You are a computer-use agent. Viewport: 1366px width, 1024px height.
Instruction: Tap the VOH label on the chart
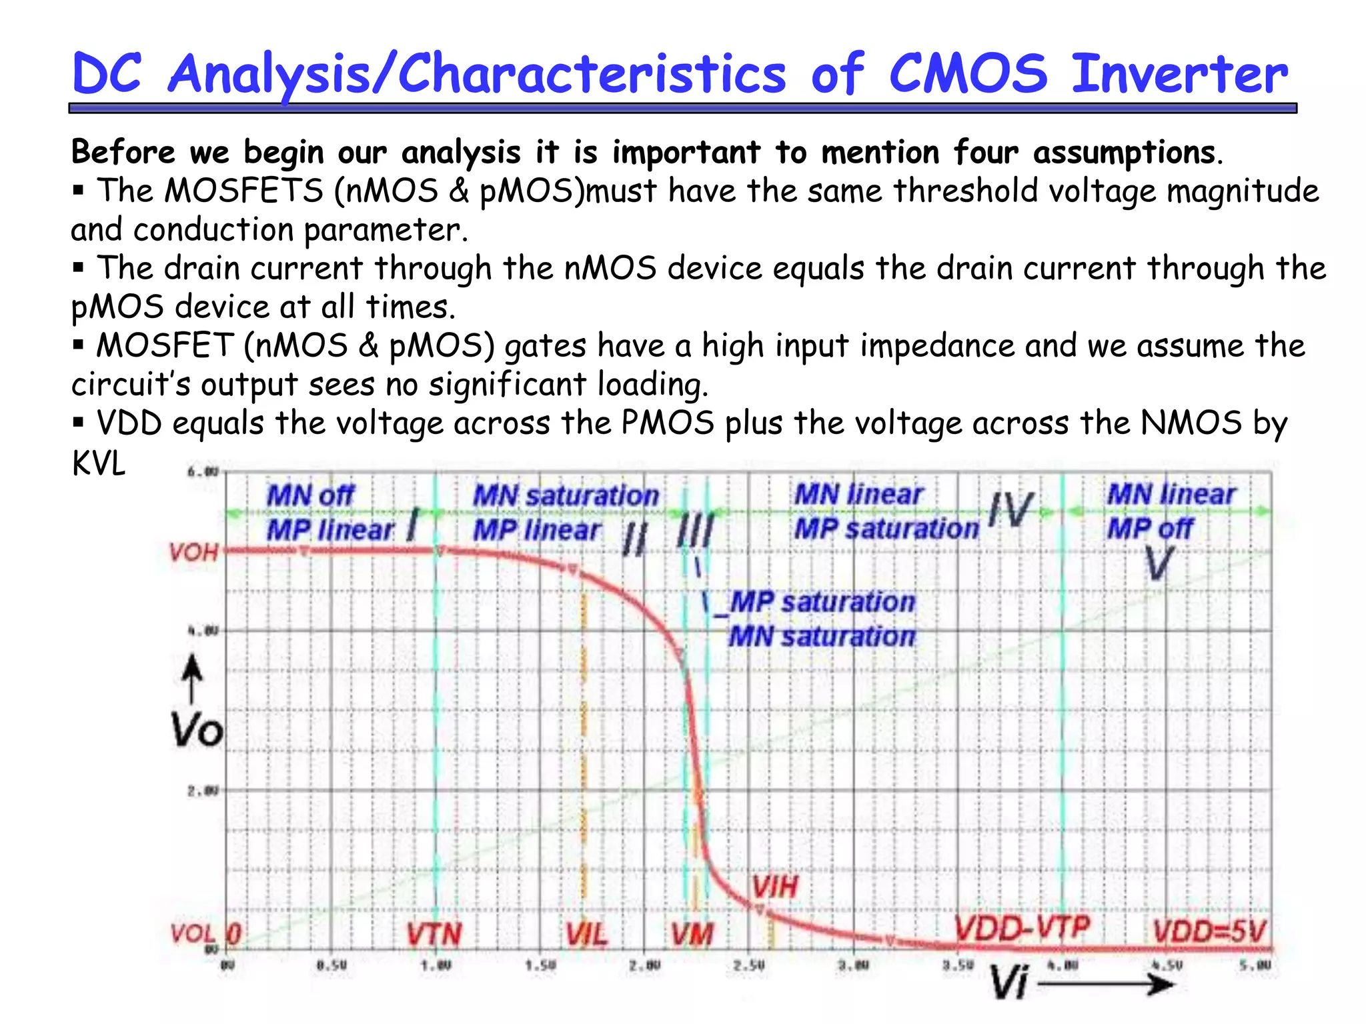[193, 553]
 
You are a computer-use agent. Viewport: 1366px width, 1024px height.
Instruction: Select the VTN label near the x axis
[434, 934]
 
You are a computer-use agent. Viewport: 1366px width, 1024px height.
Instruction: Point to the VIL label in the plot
[587, 934]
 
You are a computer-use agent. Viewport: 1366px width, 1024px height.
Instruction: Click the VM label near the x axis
[692, 934]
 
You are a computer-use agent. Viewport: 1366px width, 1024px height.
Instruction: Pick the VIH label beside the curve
[774, 887]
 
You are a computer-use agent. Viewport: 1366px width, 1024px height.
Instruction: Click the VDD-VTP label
[1022, 928]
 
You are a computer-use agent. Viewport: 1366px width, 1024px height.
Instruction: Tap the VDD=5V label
[1209, 931]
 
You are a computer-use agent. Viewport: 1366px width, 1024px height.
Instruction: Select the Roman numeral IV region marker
[1011, 510]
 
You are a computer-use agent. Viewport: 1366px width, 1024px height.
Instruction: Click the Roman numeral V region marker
[1159, 564]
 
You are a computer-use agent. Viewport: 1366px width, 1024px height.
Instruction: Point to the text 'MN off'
[310, 496]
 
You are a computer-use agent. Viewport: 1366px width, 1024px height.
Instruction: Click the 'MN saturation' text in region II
[566, 496]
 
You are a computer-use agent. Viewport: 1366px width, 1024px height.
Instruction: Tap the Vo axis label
[196, 730]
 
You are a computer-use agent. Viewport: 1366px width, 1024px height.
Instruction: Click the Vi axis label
[1008, 982]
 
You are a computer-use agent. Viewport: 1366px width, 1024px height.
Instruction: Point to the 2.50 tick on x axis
[748, 965]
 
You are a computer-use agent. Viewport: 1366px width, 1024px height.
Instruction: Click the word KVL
[98, 463]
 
